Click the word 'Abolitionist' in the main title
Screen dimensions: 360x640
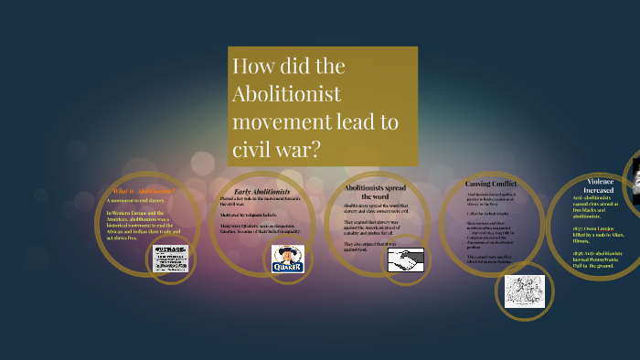click(287, 94)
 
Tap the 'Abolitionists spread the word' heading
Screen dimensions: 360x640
click(369, 191)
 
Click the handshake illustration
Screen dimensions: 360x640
click(402, 260)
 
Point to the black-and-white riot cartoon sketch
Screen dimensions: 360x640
click(524, 291)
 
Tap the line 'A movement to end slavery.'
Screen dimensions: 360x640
click(136, 200)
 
